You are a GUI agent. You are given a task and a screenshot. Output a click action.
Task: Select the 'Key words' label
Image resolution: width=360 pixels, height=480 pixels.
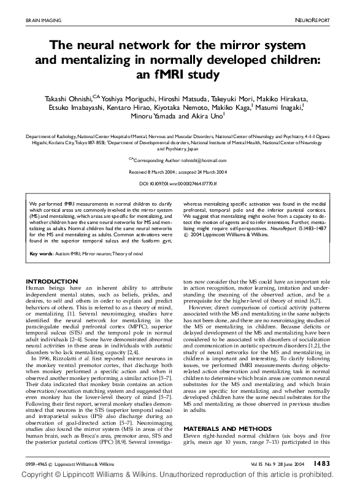coord(42,254)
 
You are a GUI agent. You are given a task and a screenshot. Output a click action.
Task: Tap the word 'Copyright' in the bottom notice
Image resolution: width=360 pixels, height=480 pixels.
coord(21,475)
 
